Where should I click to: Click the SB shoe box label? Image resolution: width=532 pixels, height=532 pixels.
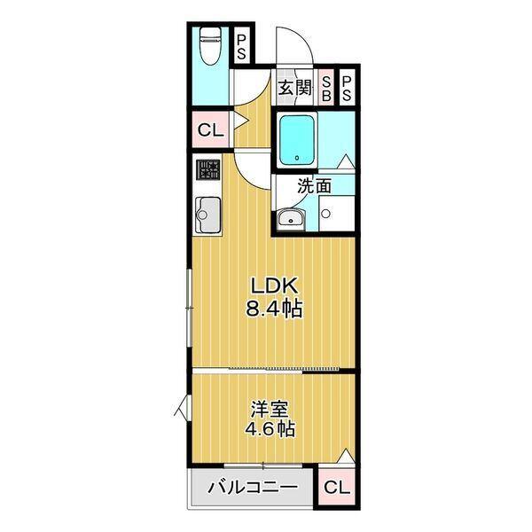click(x=327, y=87)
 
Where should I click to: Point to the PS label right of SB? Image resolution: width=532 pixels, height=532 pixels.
click(x=347, y=87)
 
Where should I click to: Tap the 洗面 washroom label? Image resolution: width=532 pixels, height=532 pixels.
click(x=314, y=187)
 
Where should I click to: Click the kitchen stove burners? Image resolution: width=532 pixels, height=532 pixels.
click(x=208, y=169)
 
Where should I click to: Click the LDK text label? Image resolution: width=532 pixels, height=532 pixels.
click(x=276, y=286)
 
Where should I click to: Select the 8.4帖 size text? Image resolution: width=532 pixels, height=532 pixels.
click(x=276, y=309)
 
